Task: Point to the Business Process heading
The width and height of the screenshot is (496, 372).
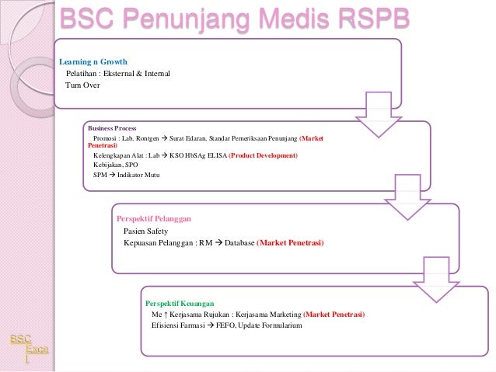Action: [112, 127]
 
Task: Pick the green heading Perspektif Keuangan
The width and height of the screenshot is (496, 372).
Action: [180, 302]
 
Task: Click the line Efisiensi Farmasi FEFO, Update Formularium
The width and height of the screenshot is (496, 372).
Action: [226, 325]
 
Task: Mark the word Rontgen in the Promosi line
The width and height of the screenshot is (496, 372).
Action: [148, 137]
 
